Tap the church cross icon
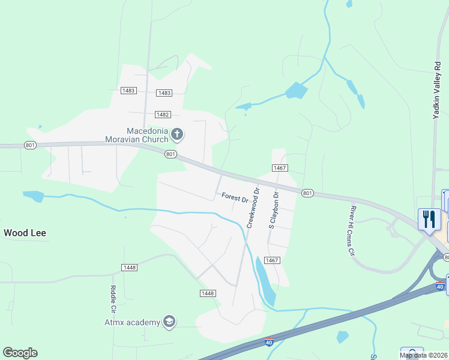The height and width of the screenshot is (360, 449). [x=176, y=133]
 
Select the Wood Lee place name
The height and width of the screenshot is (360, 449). [x=25, y=233]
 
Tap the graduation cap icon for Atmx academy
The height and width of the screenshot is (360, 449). [x=169, y=322]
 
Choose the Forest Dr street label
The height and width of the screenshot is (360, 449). [x=235, y=197]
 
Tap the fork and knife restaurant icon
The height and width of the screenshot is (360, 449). [x=429, y=219]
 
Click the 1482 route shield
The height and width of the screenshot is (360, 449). [x=162, y=114]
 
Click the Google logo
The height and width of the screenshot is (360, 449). [x=20, y=353]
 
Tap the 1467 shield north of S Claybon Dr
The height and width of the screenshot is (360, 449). [x=280, y=169]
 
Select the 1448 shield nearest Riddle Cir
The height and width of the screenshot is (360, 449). [x=130, y=267]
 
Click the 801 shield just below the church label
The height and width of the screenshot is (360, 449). [x=170, y=154]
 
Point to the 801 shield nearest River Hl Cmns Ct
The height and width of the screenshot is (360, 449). [x=307, y=193]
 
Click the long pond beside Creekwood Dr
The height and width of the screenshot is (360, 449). [x=265, y=281]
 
